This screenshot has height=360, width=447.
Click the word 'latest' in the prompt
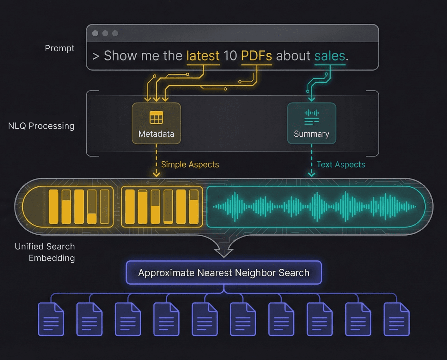[203, 56]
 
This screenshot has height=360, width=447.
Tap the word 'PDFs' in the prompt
[256, 56]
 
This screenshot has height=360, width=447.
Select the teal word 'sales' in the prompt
[329, 56]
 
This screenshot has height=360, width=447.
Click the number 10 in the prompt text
[230, 56]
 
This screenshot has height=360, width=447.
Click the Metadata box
[156, 123]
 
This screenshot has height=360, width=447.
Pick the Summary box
[311, 123]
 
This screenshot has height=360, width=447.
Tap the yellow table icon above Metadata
[156, 118]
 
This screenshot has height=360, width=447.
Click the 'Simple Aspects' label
[190, 165]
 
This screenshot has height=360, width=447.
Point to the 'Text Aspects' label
[340, 165]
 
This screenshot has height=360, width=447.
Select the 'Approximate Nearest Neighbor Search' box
[223, 273]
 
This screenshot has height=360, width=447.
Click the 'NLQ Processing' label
[41, 126]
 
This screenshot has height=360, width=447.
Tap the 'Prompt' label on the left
[60, 48]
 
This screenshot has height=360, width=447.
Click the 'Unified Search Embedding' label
[45, 252]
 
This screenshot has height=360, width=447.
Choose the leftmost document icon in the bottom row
[51, 319]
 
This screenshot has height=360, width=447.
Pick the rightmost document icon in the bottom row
[396, 319]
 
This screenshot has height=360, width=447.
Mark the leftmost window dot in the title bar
[95, 33]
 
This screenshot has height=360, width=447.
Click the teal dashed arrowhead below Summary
[311, 174]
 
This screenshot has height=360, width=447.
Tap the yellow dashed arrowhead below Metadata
[156, 174]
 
